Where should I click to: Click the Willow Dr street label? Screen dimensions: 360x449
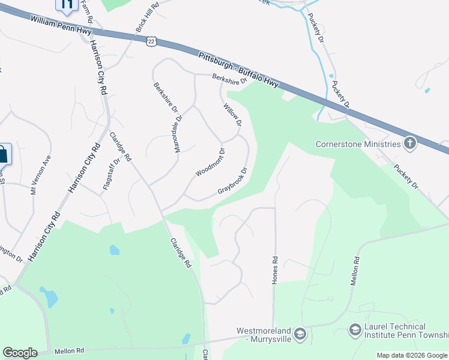232,115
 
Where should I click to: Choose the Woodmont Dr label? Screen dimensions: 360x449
210,162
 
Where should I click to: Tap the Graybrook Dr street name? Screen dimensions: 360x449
233,181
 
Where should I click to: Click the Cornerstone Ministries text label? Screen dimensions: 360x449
358,144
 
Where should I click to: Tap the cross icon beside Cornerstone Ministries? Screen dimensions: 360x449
410,143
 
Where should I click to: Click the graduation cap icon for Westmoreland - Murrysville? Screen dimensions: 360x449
300,334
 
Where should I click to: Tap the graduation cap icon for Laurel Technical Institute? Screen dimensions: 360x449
355,330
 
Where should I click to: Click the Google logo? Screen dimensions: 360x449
20,352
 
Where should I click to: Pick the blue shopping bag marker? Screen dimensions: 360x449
2,154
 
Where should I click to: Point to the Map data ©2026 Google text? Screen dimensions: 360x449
412,355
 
